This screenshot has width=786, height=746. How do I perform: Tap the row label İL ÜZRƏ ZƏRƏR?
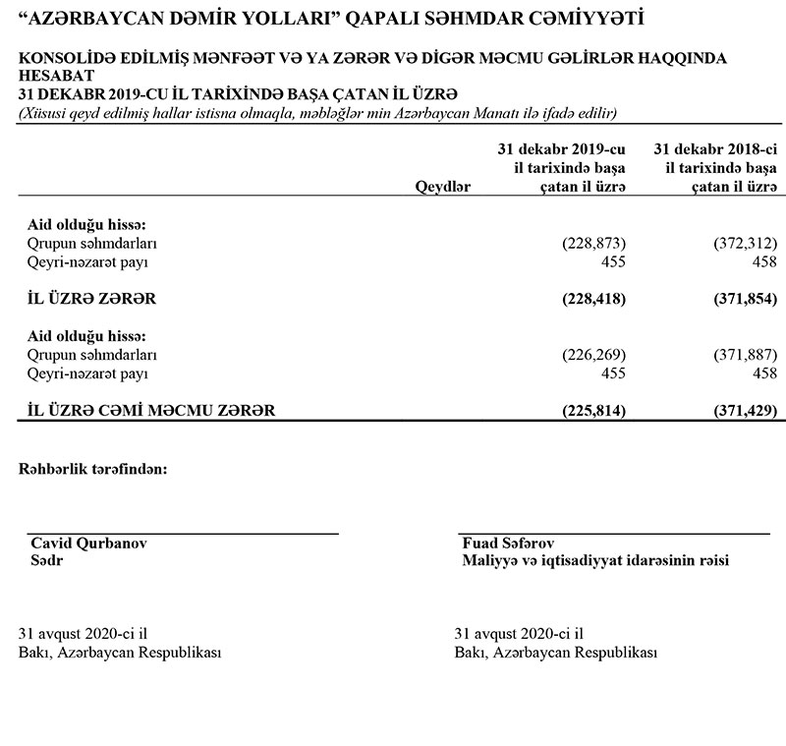[x=87, y=298]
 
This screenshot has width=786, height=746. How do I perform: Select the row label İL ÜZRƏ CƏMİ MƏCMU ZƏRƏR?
[x=145, y=409]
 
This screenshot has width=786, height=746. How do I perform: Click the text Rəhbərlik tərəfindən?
[x=93, y=469]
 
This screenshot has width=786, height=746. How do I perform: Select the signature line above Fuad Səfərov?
[x=614, y=534]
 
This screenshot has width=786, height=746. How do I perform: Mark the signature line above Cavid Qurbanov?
[x=182, y=534]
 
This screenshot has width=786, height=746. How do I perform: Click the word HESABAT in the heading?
[x=56, y=76]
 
